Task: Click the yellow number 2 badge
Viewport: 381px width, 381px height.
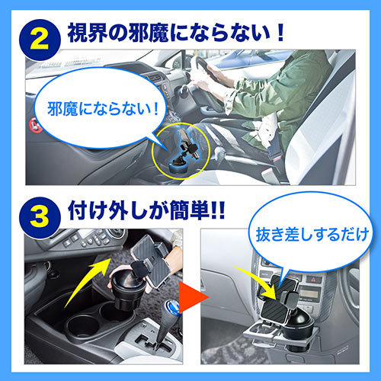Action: (40, 40)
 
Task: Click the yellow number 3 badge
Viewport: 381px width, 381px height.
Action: (40, 218)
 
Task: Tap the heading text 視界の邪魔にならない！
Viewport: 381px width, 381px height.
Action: (176, 33)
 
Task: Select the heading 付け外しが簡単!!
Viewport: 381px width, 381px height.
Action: (146, 210)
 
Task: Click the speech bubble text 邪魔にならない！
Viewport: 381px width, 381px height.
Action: (103, 109)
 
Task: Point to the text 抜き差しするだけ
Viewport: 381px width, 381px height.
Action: (312, 235)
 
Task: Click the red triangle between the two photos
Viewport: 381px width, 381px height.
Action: (194, 296)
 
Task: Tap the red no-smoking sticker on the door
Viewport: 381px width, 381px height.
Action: (35, 125)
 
